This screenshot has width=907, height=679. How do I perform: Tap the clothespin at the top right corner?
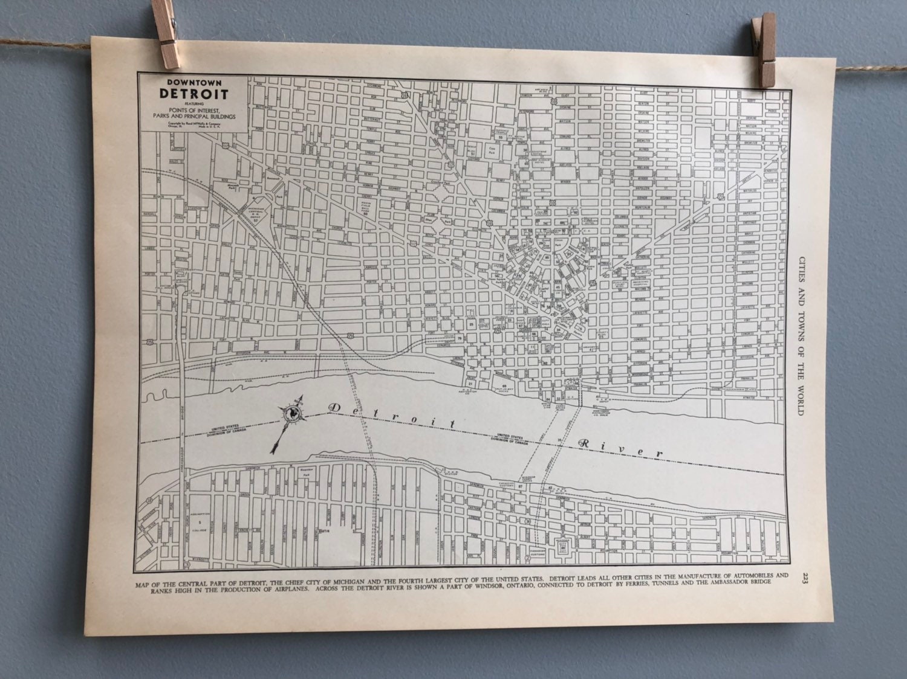[x=763, y=48]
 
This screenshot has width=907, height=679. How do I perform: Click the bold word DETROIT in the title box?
[x=194, y=94]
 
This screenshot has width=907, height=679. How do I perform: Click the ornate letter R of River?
[x=584, y=443]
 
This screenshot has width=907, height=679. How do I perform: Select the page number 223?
[x=802, y=578]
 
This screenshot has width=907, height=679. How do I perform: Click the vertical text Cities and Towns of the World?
[x=799, y=332]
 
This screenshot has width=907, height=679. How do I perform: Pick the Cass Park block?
[x=493, y=149]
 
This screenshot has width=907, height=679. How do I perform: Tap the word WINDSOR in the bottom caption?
[x=515, y=591]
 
